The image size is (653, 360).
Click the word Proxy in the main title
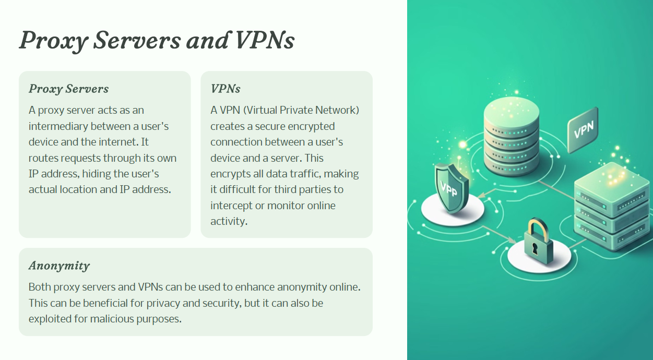pos(54,41)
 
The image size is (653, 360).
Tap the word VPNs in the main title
pos(264,40)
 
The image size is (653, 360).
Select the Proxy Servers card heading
pos(68,89)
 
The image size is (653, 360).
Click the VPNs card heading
pos(225,89)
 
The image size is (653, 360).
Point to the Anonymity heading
pos(59,266)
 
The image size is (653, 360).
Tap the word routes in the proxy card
pos(43,158)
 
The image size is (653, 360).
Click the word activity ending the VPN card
pos(229,222)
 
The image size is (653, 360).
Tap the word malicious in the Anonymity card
pos(112,319)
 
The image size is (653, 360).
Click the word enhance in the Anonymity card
pos(255,287)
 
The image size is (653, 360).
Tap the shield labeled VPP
pos(452,188)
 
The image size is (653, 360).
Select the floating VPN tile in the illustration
pos(583,130)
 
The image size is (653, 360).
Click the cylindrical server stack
pos(512,136)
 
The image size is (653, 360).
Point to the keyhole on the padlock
pos(535,248)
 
